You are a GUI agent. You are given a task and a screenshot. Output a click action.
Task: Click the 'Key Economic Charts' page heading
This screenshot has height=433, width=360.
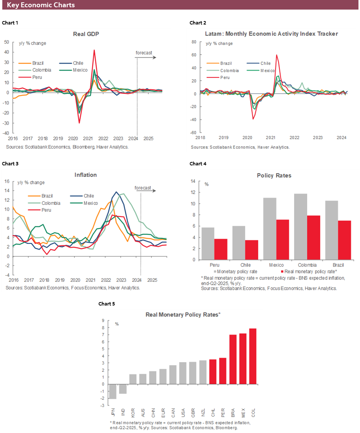(41, 5)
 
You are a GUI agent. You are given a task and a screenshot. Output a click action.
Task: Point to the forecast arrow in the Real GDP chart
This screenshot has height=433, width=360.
(146, 57)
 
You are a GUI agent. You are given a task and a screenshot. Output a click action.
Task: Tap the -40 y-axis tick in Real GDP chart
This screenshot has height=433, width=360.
(7, 133)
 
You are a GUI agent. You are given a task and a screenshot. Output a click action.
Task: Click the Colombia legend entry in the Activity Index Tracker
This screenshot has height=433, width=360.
(229, 70)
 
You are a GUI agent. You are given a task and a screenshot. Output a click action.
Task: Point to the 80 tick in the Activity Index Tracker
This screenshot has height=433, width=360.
(194, 42)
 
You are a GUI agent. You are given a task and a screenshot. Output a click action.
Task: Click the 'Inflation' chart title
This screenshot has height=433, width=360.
(85, 175)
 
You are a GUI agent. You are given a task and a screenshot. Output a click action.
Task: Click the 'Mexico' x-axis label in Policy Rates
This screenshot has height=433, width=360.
(276, 265)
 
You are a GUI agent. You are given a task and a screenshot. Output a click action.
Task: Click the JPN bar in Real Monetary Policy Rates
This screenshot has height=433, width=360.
(113, 391)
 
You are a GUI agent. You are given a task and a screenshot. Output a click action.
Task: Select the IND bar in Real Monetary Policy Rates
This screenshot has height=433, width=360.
(123, 389)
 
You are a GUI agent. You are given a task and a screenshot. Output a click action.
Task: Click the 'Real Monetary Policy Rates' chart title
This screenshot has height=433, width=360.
(183, 315)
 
